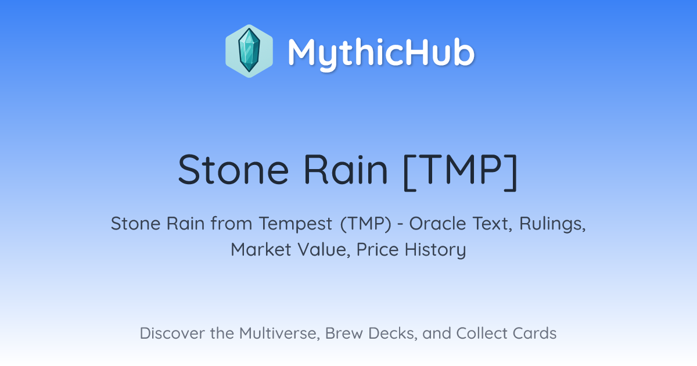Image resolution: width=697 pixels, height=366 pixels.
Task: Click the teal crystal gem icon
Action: tap(249, 51)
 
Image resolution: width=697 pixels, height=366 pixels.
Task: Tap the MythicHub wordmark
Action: tap(381, 53)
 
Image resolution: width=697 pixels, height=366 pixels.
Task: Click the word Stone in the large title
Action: tap(233, 170)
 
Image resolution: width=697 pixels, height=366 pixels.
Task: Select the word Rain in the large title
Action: tap(346, 170)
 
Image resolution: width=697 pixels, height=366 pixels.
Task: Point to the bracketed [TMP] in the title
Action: tap(460, 171)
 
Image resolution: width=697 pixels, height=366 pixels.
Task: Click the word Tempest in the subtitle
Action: tap(296, 224)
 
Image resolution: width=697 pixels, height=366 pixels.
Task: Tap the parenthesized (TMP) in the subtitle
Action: tap(365, 224)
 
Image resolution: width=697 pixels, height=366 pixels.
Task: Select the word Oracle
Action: tap(437, 224)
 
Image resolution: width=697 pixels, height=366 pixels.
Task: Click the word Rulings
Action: tap(552, 224)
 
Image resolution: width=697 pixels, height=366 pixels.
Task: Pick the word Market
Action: tap(261, 249)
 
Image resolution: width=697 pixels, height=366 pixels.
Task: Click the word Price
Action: tap(378, 249)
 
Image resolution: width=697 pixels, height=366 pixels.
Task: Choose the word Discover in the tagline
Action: tap(172, 333)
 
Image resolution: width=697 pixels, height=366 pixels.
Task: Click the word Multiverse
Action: tap(279, 333)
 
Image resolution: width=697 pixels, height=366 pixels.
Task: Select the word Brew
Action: tap(344, 333)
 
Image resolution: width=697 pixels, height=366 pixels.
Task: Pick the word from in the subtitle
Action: tap(232, 224)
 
